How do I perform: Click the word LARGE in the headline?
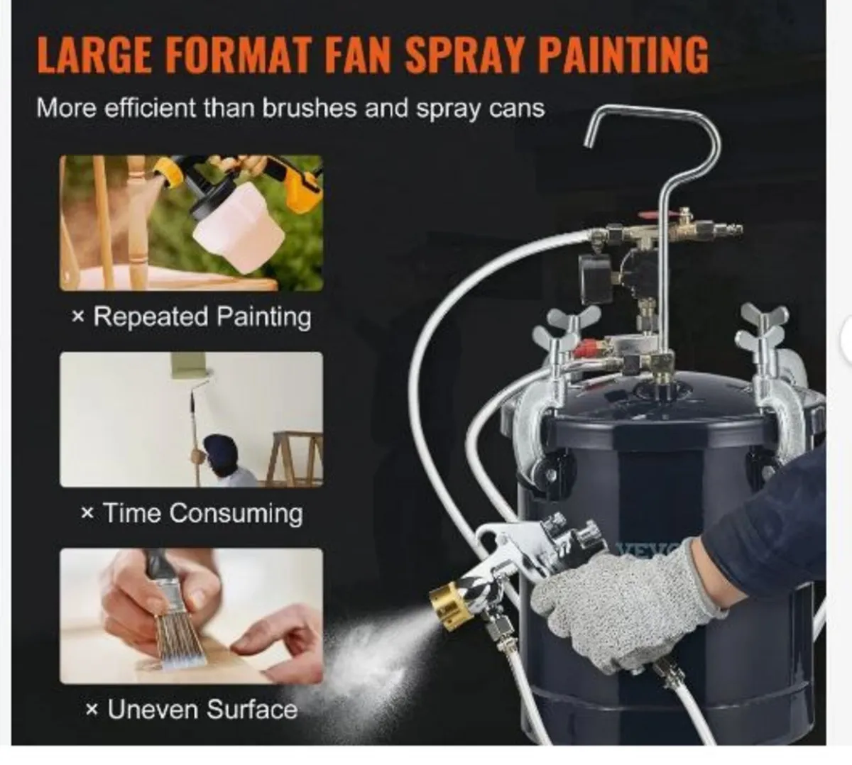point(94,54)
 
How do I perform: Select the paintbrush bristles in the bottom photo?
point(174,639)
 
